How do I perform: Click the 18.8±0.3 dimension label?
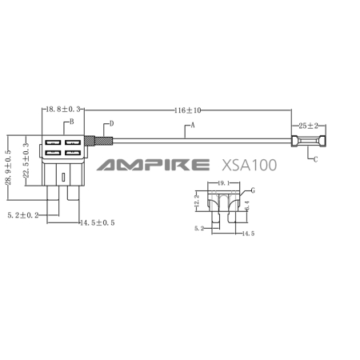63,110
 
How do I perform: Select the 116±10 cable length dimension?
188,110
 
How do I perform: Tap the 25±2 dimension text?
308,126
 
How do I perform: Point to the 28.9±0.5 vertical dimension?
8,167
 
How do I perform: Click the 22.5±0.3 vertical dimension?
26,160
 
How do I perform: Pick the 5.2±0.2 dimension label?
23,215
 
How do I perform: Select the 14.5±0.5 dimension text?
98,222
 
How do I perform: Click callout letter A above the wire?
193,125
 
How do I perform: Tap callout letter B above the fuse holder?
71,122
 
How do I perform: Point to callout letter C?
315,159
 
